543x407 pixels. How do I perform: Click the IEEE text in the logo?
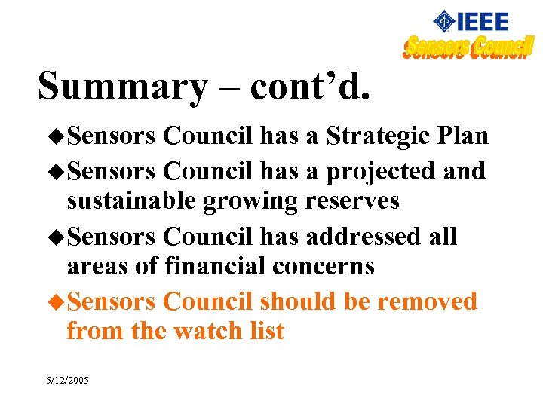click(482, 21)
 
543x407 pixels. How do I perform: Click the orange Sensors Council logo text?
click(468, 47)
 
